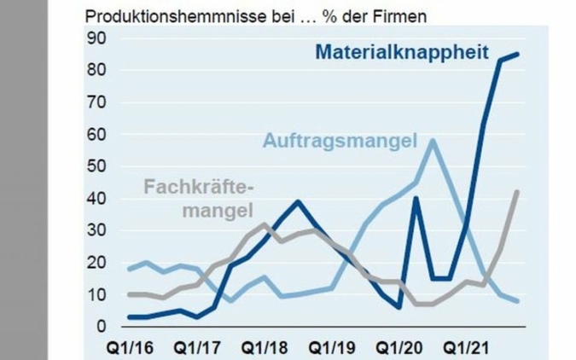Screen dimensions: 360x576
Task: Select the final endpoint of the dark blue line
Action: (x=517, y=54)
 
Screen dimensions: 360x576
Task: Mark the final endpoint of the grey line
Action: (x=517, y=191)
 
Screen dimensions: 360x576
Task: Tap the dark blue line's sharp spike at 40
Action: (x=416, y=198)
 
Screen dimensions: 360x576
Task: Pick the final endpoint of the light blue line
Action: (x=517, y=301)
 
